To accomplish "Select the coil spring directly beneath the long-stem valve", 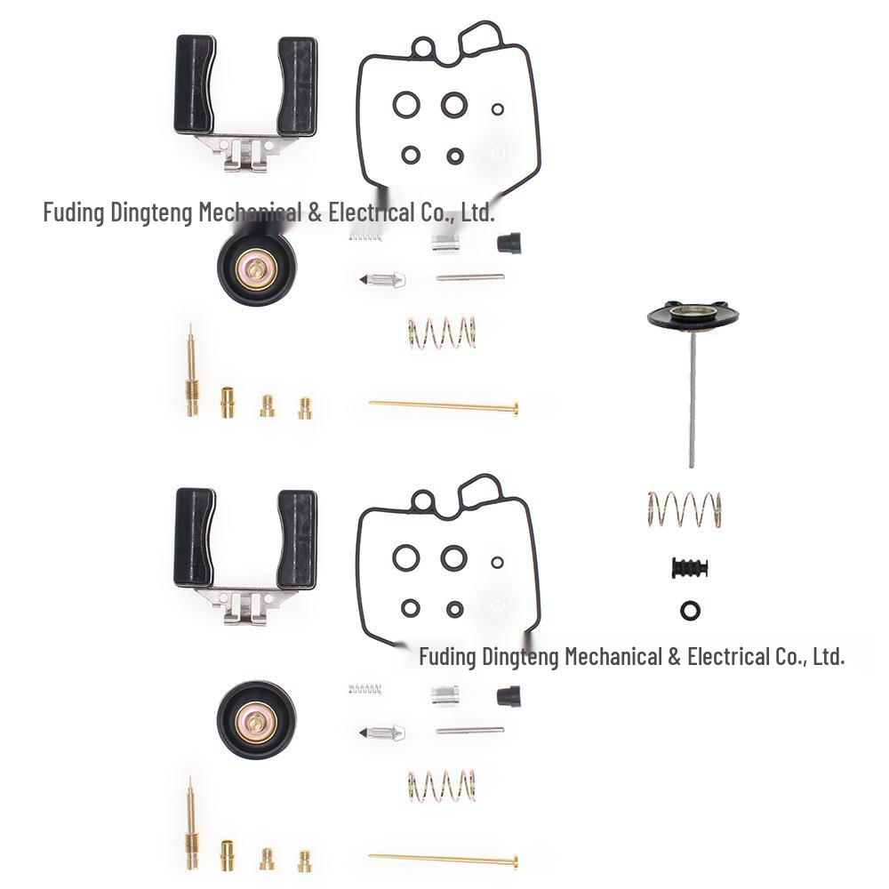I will [x=684, y=508].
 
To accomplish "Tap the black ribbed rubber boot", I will [x=691, y=568].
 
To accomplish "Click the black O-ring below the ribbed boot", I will [x=689, y=610].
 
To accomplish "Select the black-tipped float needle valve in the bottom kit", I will [x=382, y=732].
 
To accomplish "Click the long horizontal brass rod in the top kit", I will [x=444, y=407].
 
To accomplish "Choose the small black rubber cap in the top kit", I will [x=509, y=242].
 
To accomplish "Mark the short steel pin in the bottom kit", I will [x=470, y=731].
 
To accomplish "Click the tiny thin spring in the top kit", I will [x=364, y=236].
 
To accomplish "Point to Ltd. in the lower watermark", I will [x=827, y=657].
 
